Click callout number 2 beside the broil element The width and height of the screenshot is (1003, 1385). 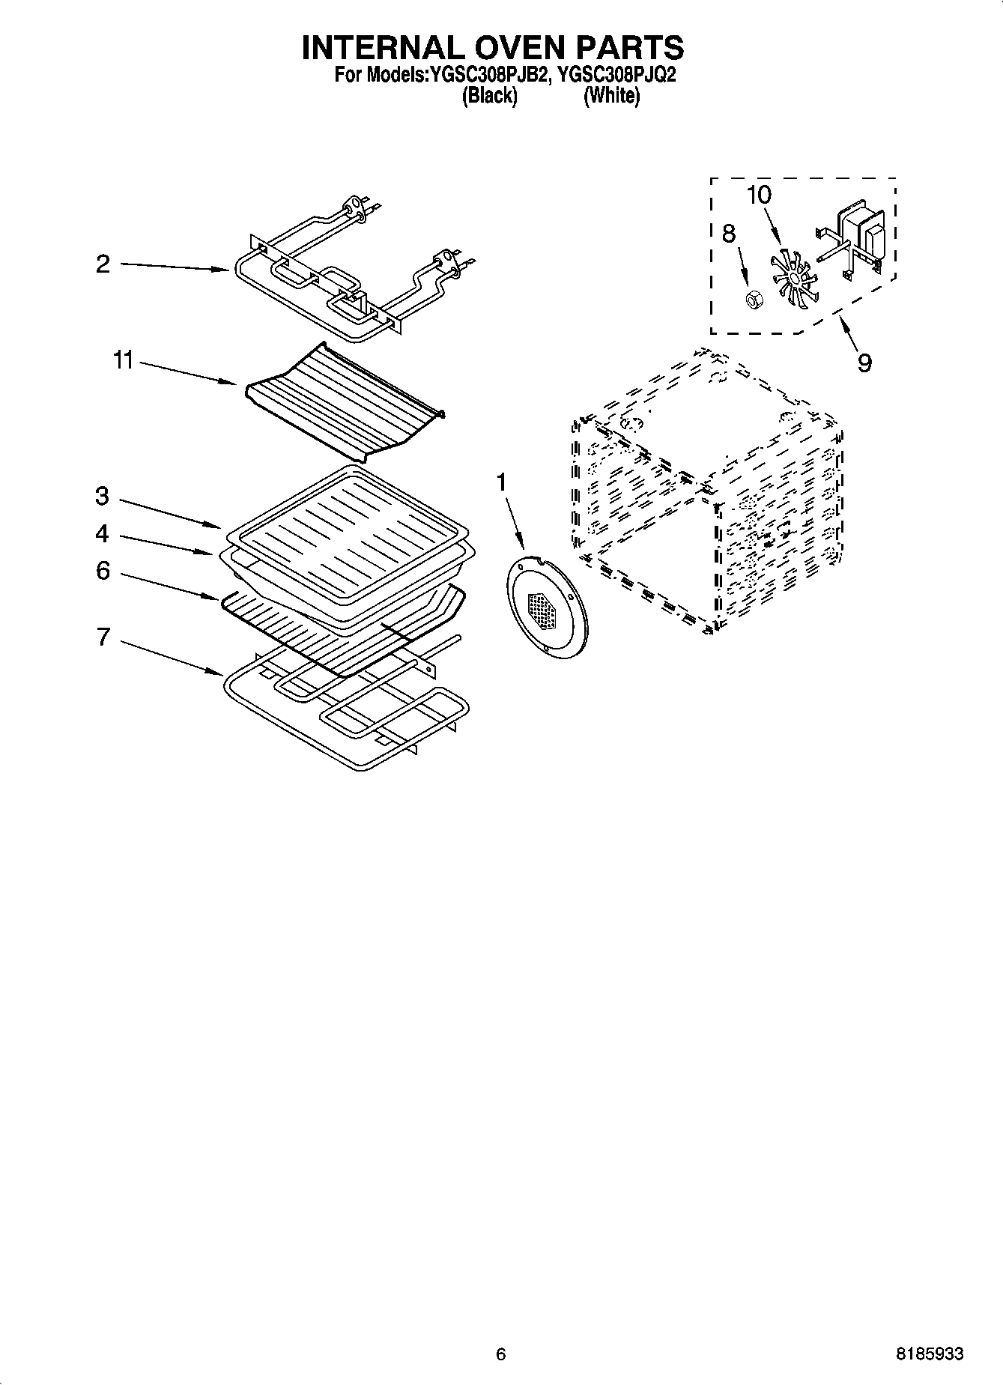(103, 264)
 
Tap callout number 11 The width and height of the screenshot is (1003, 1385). (123, 361)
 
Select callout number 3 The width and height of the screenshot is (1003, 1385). (103, 496)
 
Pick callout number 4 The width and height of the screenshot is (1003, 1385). (103, 533)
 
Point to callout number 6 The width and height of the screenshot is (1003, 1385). (103, 571)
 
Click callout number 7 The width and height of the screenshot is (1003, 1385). (103, 637)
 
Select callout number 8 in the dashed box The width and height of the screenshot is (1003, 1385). (729, 234)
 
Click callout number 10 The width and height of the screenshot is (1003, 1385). (758, 195)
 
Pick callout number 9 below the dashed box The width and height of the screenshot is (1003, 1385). (864, 363)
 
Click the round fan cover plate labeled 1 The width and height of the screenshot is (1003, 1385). (548, 607)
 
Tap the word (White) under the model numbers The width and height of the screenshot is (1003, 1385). (612, 96)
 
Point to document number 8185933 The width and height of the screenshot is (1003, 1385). (930, 1354)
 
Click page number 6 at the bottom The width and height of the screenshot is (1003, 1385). (500, 1354)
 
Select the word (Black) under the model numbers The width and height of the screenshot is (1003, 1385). (489, 96)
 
